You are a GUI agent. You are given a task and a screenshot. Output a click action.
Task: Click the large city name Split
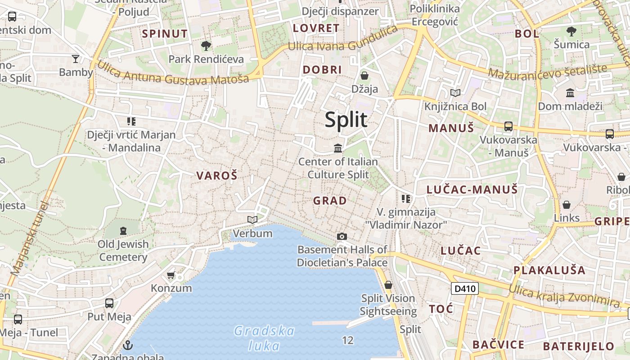click(x=346, y=120)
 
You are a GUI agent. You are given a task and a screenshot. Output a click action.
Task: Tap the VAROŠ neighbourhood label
click(x=216, y=176)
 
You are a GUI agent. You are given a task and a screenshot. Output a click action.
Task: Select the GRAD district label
click(x=330, y=201)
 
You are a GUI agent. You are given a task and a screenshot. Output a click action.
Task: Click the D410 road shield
click(x=464, y=288)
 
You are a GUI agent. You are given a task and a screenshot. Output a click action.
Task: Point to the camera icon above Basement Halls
click(x=342, y=236)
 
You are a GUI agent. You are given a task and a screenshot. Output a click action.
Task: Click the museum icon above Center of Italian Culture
click(x=337, y=148)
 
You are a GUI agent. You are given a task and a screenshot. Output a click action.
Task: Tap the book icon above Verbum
click(x=252, y=220)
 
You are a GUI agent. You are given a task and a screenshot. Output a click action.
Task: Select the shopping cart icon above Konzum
click(x=171, y=275)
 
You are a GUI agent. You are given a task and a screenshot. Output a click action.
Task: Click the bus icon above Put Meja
click(x=109, y=303)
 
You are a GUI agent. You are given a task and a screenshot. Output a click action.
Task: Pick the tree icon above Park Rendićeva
click(x=206, y=45)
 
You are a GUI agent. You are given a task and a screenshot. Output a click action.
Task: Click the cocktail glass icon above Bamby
click(x=76, y=58)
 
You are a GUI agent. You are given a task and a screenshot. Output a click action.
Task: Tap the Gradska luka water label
click(x=264, y=338)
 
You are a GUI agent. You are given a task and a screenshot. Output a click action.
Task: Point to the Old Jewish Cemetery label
click(x=123, y=251)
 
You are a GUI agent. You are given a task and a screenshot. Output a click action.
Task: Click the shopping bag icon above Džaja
click(x=364, y=76)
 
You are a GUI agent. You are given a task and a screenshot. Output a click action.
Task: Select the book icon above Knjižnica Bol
click(x=455, y=93)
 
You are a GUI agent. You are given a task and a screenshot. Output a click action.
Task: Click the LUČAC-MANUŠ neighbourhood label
click(x=472, y=190)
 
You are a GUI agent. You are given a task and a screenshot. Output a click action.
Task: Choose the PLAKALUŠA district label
click(x=549, y=270)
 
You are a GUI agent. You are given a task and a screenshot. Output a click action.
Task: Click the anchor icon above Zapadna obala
click(x=128, y=345)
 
